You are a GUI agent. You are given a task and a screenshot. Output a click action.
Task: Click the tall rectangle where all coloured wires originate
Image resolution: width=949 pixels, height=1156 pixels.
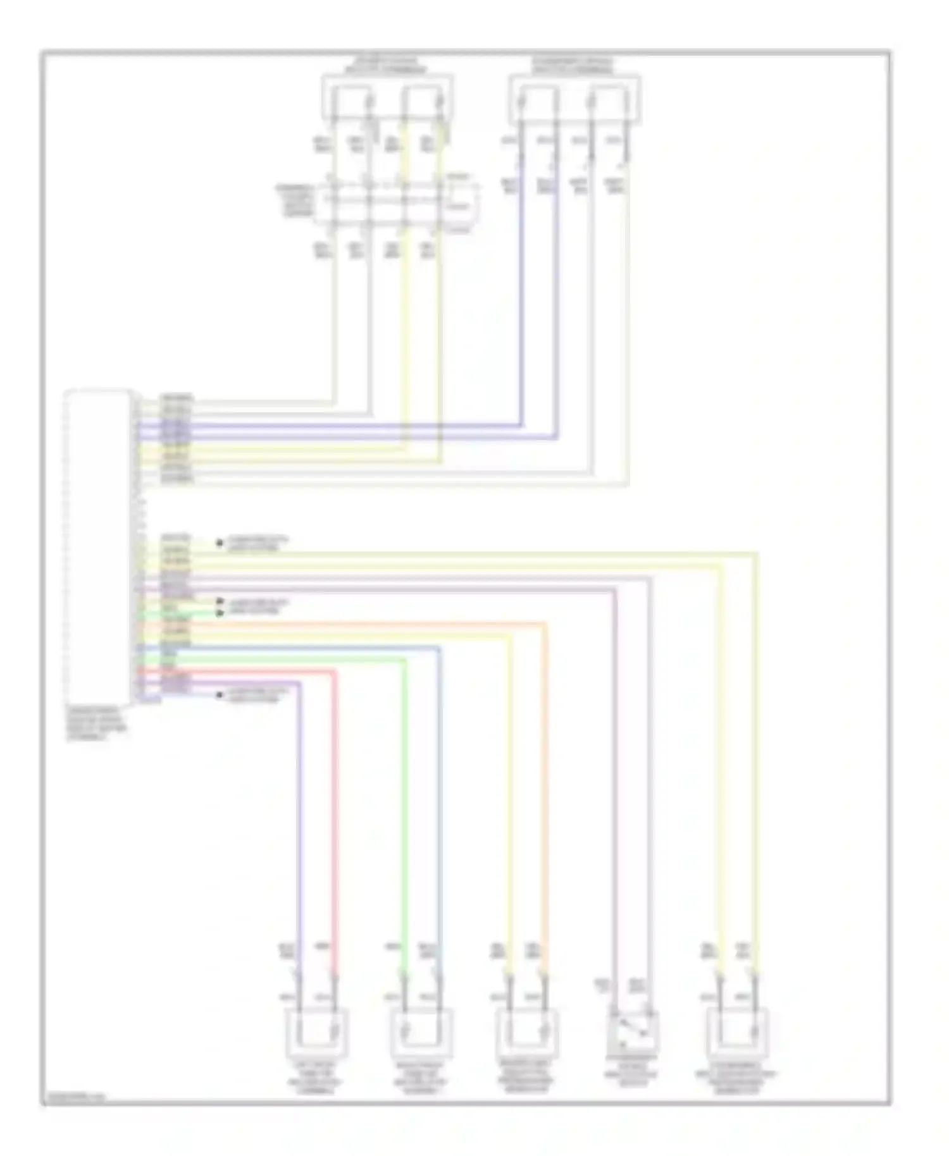pyautogui.click(x=98, y=546)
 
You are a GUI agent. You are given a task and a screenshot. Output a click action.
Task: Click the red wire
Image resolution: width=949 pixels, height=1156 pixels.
pyautogui.click(x=335, y=822)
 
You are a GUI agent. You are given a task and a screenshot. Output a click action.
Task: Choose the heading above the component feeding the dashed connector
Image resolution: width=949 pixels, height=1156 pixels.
pyautogui.click(x=386, y=66)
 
